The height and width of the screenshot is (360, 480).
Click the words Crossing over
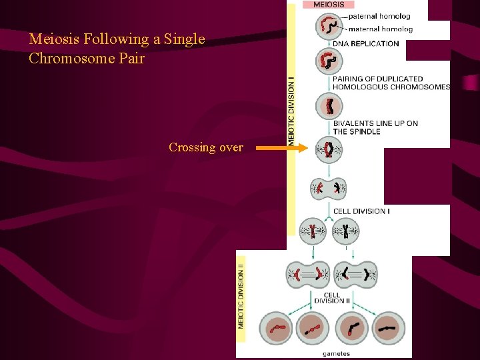[205, 147]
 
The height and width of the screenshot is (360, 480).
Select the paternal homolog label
[379, 16]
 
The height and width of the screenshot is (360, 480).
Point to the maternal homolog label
[381, 29]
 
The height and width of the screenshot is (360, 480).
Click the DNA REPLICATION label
[366, 44]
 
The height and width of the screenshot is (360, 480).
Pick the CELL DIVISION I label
[361, 211]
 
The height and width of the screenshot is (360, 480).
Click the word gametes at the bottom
[336, 354]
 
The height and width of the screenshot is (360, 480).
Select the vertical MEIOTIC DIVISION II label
[241, 296]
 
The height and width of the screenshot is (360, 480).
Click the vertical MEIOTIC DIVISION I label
[291, 110]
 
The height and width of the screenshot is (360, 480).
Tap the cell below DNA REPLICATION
[329, 61]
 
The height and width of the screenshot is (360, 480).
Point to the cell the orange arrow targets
[329, 149]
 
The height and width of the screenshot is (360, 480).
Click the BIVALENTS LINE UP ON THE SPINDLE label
[375, 127]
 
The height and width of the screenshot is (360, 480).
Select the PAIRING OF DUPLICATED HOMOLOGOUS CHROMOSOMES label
[391, 83]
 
